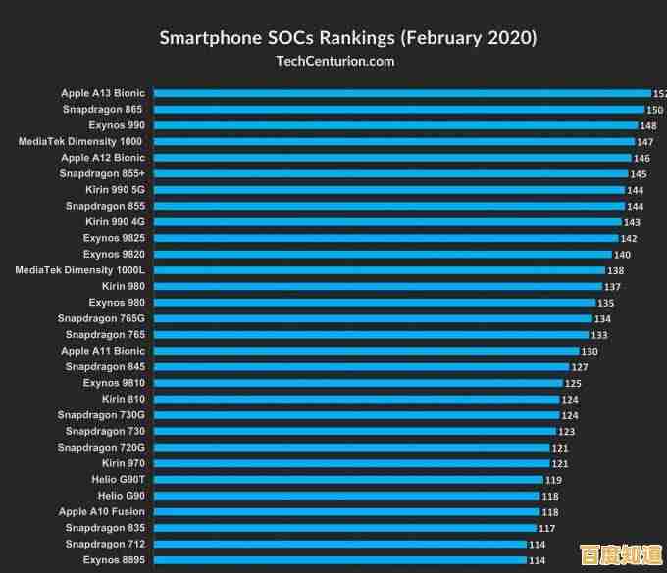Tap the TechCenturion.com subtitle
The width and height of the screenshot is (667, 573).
[334, 61]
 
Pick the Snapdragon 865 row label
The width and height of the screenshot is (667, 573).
[103, 110]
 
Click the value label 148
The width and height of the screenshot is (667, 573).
[648, 126]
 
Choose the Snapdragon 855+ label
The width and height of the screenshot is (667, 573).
[102, 173]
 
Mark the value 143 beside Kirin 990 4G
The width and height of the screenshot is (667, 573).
[632, 222]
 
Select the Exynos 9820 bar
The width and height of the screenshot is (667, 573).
[383, 255]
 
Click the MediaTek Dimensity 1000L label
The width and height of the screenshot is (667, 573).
[79, 270]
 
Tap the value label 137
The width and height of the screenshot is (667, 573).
[612, 287]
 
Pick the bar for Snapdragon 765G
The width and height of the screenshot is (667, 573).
[373, 319]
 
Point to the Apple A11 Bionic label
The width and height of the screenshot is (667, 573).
[102, 351]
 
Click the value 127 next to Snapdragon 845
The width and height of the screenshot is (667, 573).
[580, 367]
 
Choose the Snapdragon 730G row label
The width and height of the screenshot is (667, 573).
[101, 415]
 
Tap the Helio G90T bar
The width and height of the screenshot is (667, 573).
[348, 480]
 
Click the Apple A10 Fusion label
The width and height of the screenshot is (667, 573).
[101, 511]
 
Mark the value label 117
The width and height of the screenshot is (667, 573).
[546, 529]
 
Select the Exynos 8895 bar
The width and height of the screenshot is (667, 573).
[339, 560]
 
